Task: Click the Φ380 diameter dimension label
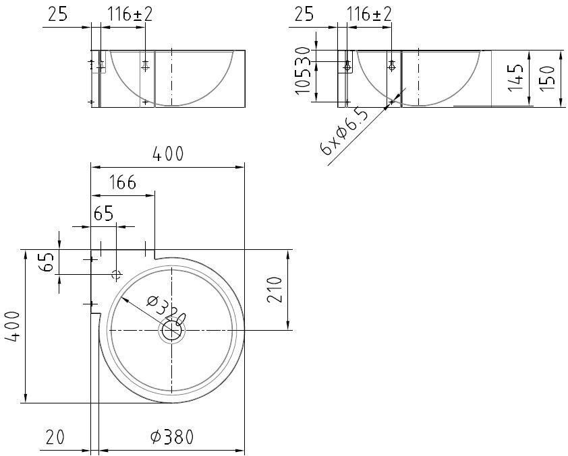click(x=172, y=437)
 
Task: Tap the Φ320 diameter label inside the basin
click(x=166, y=311)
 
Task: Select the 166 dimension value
click(x=123, y=183)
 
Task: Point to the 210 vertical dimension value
click(x=275, y=290)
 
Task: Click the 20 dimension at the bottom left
click(x=55, y=436)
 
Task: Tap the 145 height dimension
click(x=516, y=78)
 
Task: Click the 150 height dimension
click(x=548, y=79)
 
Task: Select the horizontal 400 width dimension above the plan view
click(x=168, y=154)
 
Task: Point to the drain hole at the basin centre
click(x=172, y=330)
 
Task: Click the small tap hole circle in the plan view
click(x=116, y=274)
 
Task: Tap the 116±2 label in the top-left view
click(x=130, y=14)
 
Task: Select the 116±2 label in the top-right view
click(x=369, y=14)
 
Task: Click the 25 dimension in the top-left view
click(x=57, y=14)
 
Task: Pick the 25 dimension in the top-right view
click(x=304, y=14)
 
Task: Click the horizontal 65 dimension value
click(x=104, y=214)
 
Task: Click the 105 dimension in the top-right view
click(x=304, y=80)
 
